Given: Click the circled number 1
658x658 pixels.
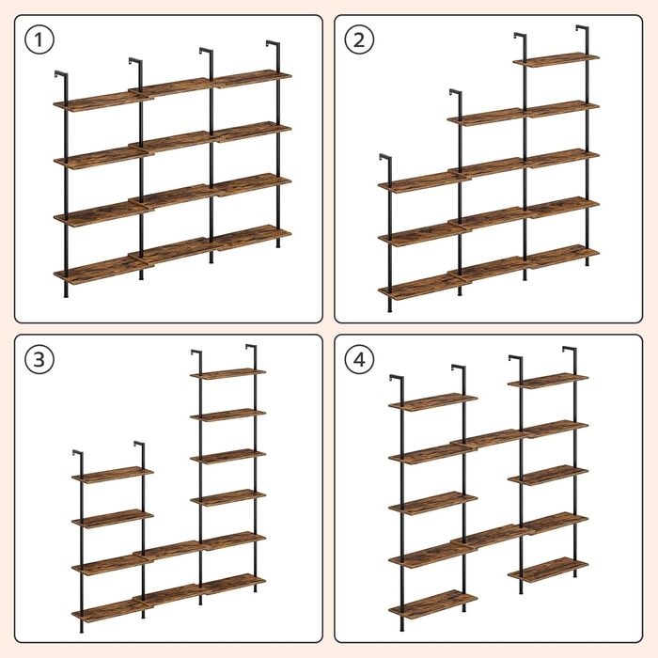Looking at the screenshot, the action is coord(39,39).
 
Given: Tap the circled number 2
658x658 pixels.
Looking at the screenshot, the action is coord(359,39).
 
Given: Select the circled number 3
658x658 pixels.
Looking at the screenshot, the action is coord(39,360).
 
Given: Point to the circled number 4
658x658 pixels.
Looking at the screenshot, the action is coord(359,360).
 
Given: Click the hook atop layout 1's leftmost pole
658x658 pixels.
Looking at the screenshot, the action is coord(61,74).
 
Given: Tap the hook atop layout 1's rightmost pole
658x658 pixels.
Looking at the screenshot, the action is coord(273,44).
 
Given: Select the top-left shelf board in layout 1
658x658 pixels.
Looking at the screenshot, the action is coord(101,102).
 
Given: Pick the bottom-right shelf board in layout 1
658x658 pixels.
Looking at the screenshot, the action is coord(252,238).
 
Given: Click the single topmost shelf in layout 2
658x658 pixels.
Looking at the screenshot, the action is coord(556,59).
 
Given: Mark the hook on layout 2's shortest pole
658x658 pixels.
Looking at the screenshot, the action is coord(385,158).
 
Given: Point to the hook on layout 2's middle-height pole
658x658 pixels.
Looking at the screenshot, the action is coord(456,93).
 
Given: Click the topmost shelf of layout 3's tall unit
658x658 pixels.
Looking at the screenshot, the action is coord(227,373).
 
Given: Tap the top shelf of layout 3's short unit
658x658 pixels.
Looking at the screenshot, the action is coord(113,475).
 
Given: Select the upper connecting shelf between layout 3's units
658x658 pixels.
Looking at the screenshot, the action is coord(168,551).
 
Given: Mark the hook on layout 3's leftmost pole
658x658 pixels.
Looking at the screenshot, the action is coord(78,454).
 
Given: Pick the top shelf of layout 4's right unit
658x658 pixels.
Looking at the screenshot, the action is coord(548,381).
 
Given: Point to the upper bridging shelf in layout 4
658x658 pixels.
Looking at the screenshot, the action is coord(488,439).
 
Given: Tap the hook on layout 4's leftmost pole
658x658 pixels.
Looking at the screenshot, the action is coord(397,379).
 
